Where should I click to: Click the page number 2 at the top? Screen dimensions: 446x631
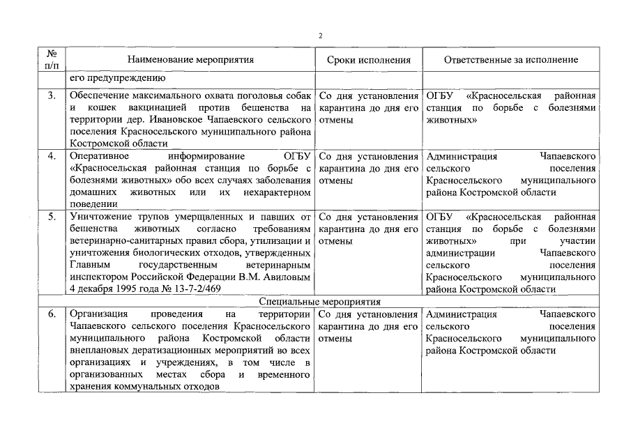[319, 35]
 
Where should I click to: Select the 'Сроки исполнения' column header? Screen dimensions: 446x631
[368, 60]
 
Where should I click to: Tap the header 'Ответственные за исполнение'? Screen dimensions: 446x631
[511, 60]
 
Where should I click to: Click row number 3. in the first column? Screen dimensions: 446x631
[52, 95]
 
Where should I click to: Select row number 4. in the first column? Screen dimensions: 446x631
[52, 156]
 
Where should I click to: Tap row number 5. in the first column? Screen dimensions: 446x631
[52, 217]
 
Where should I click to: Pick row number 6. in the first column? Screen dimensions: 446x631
[52, 314]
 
